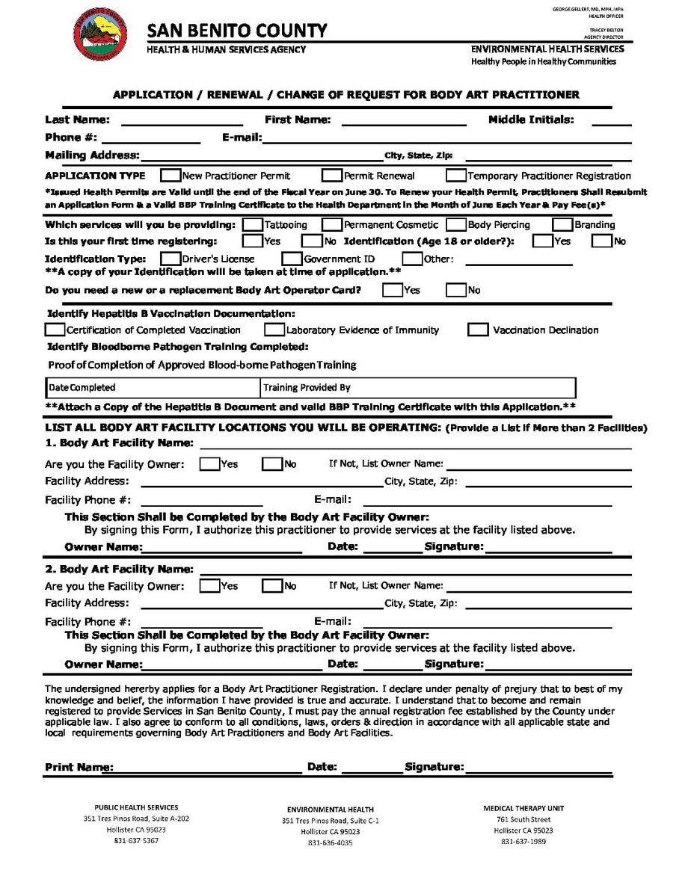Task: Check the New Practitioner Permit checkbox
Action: pyautogui.click(x=171, y=176)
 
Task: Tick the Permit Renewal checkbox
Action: pyautogui.click(x=332, y=176)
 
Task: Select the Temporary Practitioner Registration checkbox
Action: pyautogui.click(x=455, y=176)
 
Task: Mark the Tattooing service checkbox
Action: pyautogui.click(x=253, y=224)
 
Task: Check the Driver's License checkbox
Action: pyautogui.click(x=171, y=259)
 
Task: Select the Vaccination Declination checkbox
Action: pyautogui.click(x=479, y=330)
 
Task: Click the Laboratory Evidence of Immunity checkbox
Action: pyautogui.click(x=274, y=330)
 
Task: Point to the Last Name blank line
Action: pyautogui.click(x=182, y=122)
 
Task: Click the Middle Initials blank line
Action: pyautogui.click(x=611, y=122)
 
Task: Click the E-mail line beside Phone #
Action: pyautogui.click(x=446, y=140)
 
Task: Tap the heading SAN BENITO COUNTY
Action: pyautogui.click(x=237, y=31)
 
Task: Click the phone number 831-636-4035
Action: pyautogui.click(x=330, y=843)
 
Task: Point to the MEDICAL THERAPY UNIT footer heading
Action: pyautogui.click(x=523, y=808)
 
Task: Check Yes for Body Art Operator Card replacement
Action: pyautogui.click(x=392, y=290)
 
